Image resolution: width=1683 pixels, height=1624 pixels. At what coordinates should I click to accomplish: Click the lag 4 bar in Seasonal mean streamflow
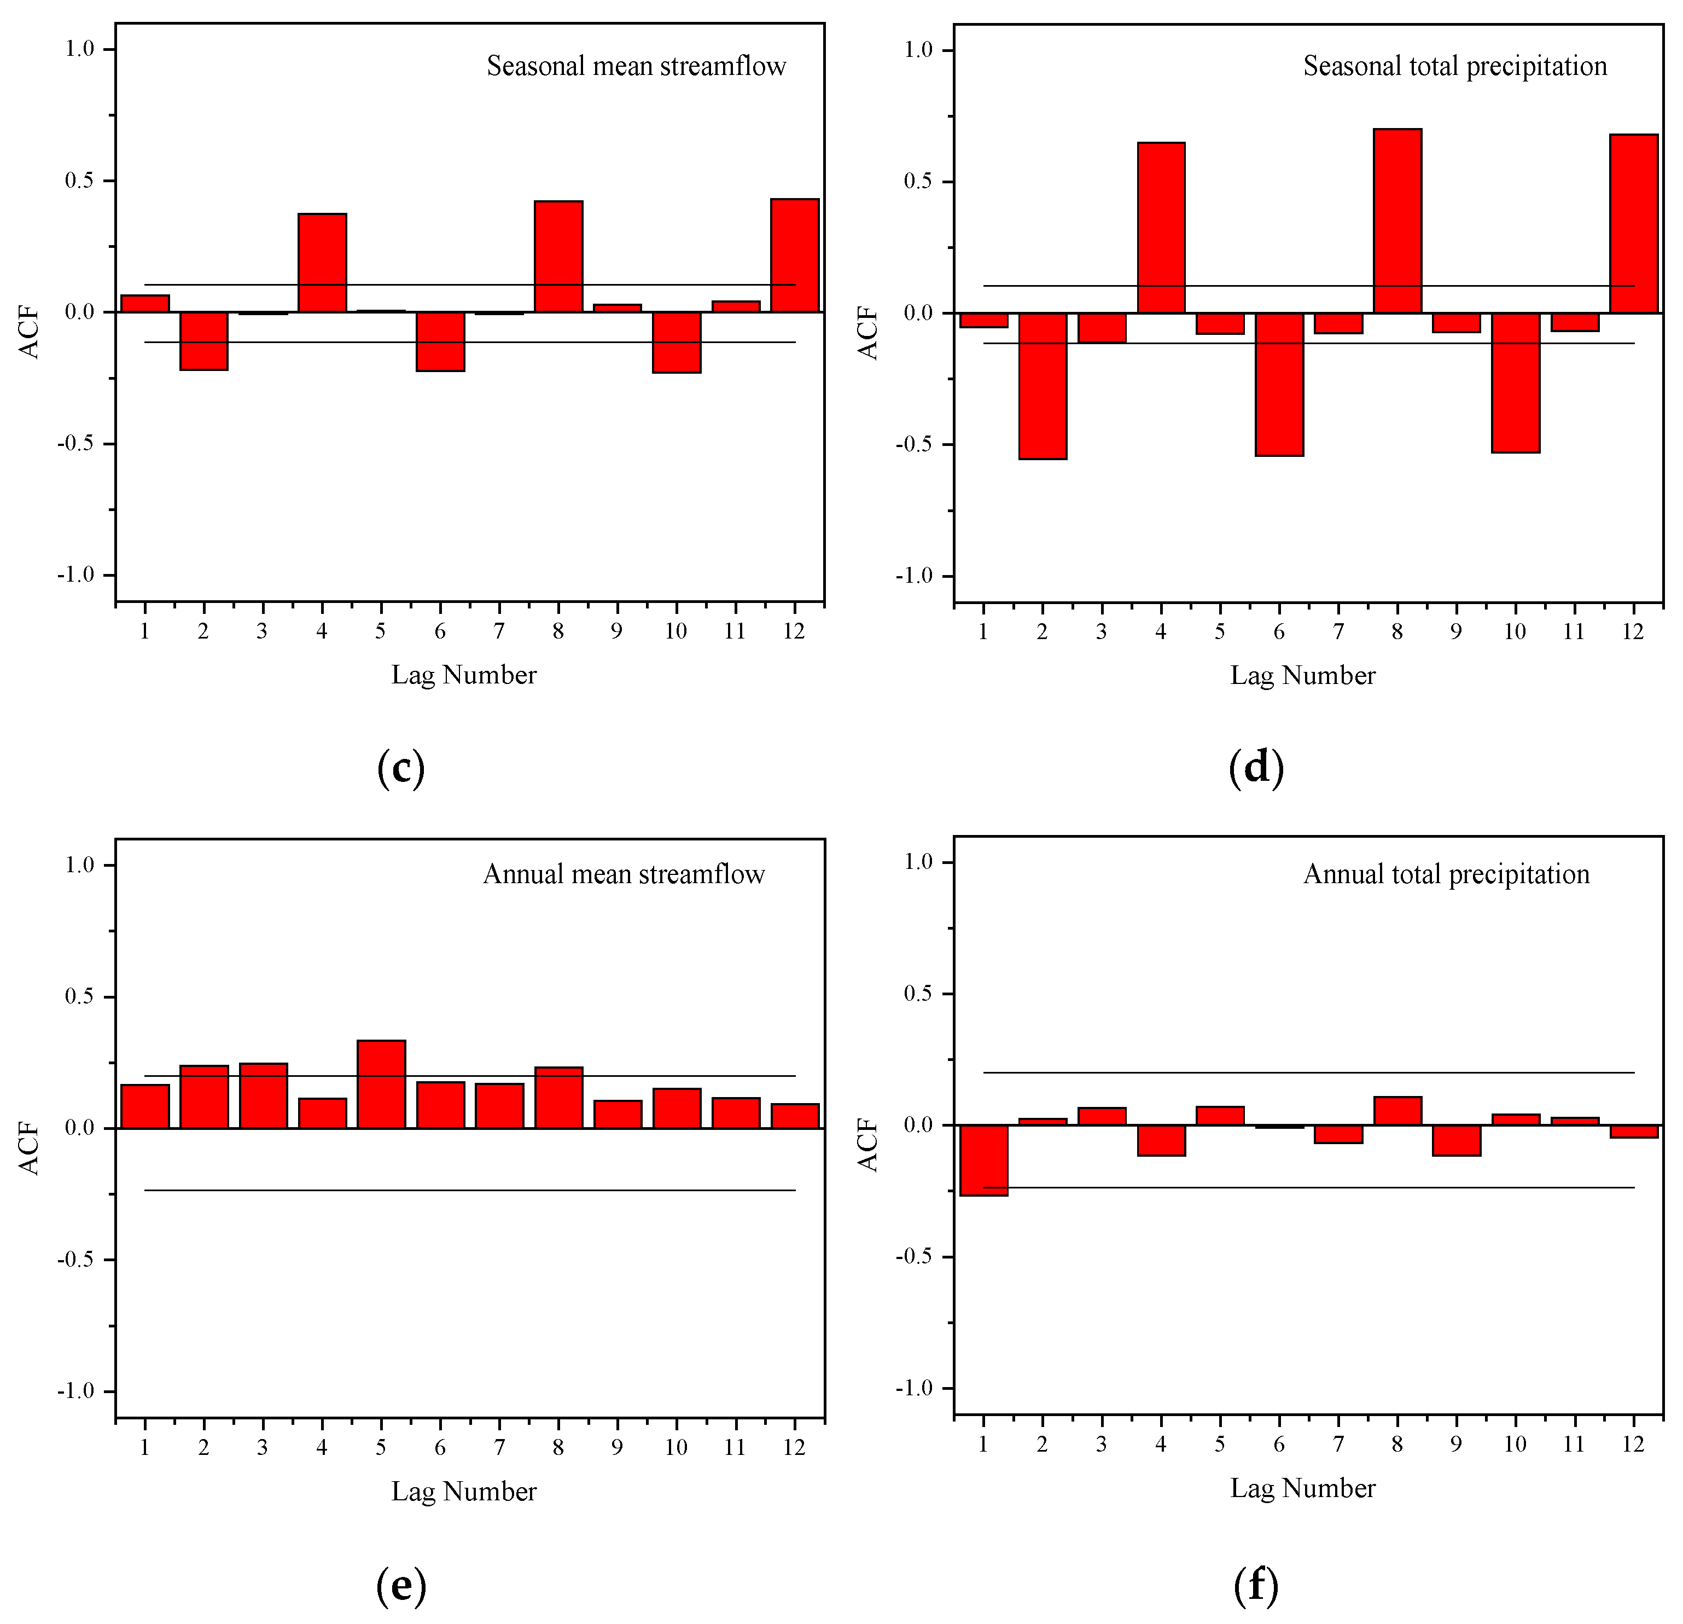point(322,263)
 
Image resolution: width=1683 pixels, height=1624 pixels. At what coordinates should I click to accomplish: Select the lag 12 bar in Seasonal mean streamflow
point(794,255)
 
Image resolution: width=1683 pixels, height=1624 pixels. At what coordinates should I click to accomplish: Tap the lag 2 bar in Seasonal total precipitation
point(1043,386)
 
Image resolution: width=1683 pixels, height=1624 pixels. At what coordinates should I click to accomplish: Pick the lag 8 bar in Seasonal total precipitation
point(1397,221)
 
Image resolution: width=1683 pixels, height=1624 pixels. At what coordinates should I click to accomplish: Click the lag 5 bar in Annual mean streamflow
point(381,1084)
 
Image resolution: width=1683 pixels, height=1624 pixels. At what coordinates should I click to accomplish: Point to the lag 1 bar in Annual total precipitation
point(983,1159)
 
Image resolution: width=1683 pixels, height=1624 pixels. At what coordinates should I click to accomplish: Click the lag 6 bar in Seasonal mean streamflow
point(440,342)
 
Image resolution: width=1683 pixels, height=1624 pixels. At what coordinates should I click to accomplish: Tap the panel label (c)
point(401,768)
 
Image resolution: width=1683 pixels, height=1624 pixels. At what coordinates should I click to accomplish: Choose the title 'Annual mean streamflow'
point(624,874)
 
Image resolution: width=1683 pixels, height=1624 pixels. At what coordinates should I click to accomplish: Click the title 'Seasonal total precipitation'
point(1454,66)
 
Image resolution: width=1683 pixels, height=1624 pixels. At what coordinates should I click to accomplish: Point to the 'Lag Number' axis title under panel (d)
point(1303,675)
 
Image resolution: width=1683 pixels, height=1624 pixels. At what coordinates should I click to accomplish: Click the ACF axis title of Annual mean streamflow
point(29,1147)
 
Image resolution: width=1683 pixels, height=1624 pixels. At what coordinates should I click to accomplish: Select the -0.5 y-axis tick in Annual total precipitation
point(913,1256)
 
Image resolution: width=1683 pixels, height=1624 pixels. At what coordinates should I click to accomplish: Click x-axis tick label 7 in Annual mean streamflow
point(499,1447)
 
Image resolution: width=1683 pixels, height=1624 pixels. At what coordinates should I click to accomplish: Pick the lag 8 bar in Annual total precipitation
point(1397,1110)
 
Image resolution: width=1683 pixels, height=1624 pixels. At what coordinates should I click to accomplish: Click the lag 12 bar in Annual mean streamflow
point(794,1116)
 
